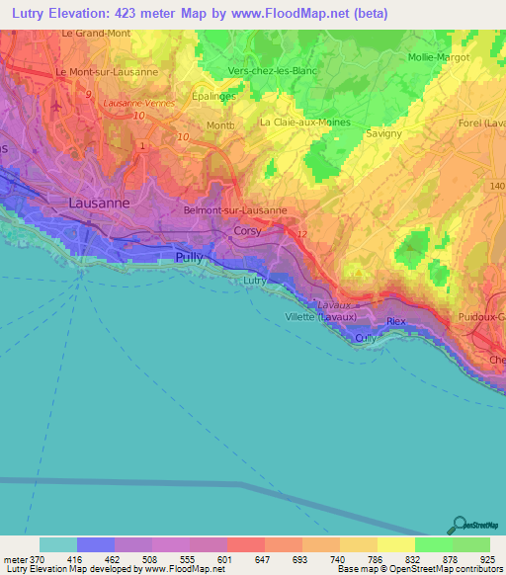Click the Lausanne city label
[x=99, y=203]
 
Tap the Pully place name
[x=189, y=257]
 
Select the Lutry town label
[x=255, y=281]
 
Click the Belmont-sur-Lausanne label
[x=235, y=210]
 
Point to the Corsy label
[x=247, y=231]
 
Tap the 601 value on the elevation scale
[x=226, y=559]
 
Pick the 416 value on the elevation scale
[x=76, y=559]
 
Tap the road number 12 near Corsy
[x=301, y=234]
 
